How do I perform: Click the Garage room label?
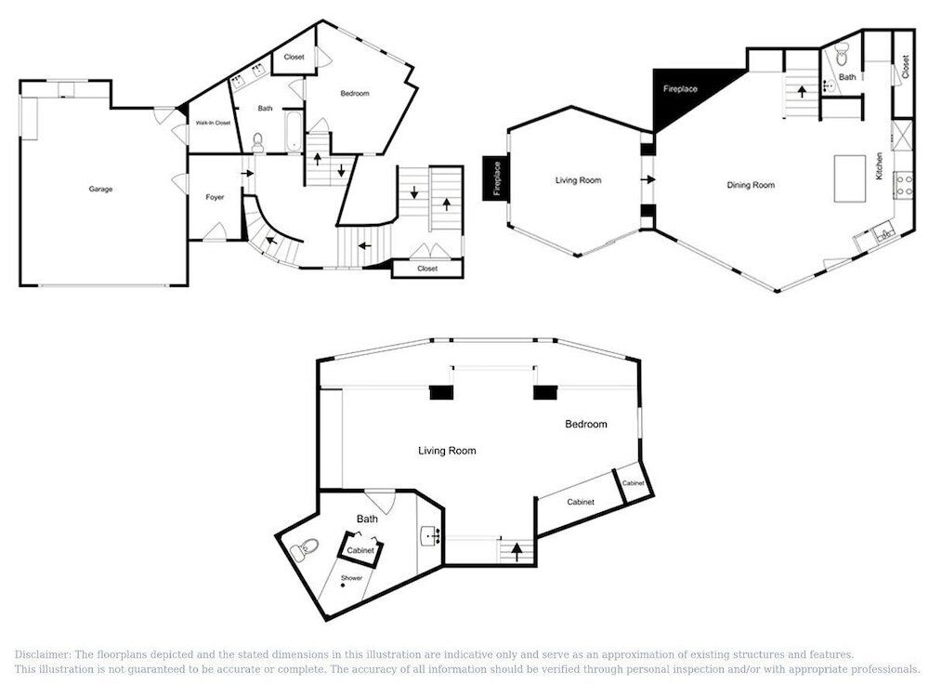pyautogui.click(x=100, y=189)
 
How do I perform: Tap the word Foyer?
pyautogui.click(x=215, y=197)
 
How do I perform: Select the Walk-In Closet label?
pyautogui.click(x=213, y=123)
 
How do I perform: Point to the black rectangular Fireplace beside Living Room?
pyautogui.click(x=496, y=178)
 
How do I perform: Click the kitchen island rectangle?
pyautogui.click(x=850, y=178)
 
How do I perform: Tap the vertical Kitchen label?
pyautogui.click(x=879, y=166)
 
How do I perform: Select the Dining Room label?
pyautogui.click(x=751, y=185)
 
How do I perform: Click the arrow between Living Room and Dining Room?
pyautogui.click(x=648, y=179)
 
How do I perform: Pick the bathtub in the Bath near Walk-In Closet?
pyautogui.click(x=294, y=131)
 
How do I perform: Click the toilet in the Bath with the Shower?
pyautogui.click(x=305, y=547)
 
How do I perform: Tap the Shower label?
pyautogui.click(x=351, y=578)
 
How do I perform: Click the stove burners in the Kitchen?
pyautogui.click(x=904, y=183)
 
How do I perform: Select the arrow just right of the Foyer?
pyautogui.click(x=248, y=173)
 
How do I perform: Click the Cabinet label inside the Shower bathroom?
pyautogui.click(x=360, y=550)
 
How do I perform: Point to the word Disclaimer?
pyautogui.click(x=43, y=654)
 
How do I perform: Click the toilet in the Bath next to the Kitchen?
pyautogui.click(x=842, y=58)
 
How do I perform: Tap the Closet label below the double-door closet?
pyautogui.click(x=427, y=269)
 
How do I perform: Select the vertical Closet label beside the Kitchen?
pyautogui.click(x=905, y=66)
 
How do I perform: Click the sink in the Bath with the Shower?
pyautogui.click(x=430, y=537)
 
